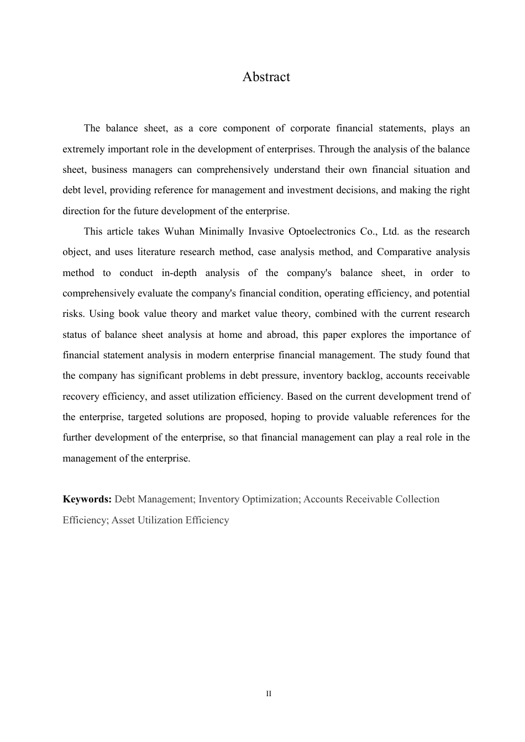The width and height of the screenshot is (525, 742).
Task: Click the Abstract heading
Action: pyautogui.click(x=266, y=77)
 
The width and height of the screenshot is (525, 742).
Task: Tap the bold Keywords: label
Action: pyautogui.click(x=87, y=499)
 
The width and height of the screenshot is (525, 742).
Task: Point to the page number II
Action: pyautogui.click(x=269, y=694)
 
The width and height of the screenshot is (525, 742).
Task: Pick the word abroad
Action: pyautogui.click(x=282, y=335)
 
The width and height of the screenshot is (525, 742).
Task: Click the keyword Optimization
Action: pyautogui.click(x=270, y=499)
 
